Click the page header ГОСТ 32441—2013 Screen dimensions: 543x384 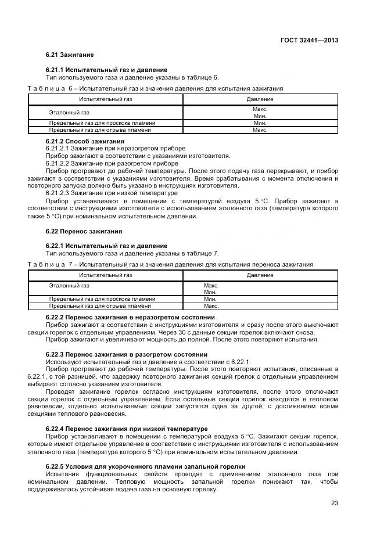[x=310, y=41]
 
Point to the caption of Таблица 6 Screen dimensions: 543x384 [x=155, y=89]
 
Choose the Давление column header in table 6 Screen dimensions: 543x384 [x=260, y=99]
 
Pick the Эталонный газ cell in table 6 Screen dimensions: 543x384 [x=69, y=112]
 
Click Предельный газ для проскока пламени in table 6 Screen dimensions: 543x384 [x=102, y=123]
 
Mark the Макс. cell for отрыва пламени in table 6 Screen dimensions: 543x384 [x=260, y=130]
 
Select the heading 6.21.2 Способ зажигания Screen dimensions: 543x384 [x=84, y=141]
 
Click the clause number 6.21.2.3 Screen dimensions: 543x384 [x=59, y=193]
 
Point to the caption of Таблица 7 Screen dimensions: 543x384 [x=170, y=264]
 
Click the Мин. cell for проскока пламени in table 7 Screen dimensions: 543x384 [x=211, y=299]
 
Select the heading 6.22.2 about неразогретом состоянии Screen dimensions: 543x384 [x=130, y=317]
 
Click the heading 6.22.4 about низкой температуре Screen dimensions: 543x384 [x=126, y=429]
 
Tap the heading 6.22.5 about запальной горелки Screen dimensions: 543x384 [x=145, y=466]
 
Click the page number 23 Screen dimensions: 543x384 [x=334, y=503]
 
